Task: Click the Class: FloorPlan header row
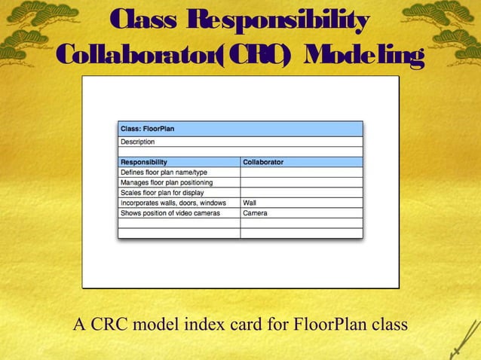tap(240, 129)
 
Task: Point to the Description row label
tap(138, 142)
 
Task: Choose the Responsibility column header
tap(144, 162)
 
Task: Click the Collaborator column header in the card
tap(263, 162)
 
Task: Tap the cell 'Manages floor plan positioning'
tap(167, 182)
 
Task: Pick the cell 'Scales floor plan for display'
tap(162, 193)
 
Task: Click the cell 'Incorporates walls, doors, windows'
tap(173, 203)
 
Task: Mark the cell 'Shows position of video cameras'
tap(170, 213)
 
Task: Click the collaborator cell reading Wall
tap(250, 203)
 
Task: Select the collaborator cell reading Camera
tap(255, 213)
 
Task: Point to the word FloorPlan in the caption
tap(333, 325)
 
